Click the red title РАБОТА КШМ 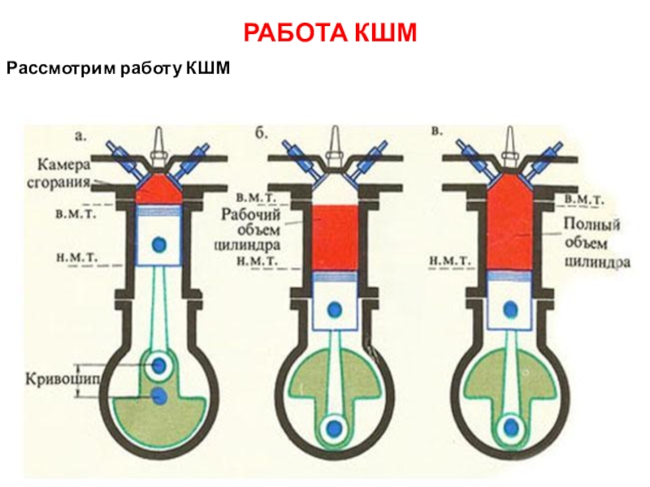point(329,33)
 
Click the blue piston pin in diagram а point(160,243)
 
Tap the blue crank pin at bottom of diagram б point(335,427)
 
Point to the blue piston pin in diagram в point(510,308)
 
